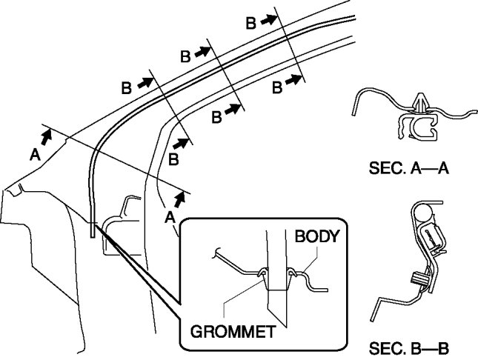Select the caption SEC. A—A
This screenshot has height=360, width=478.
tap(410, 169)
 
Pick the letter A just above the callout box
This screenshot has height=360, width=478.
tap(170, 217)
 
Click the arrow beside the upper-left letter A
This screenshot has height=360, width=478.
tap(47, 136)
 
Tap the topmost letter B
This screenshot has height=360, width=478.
tap(251, 24)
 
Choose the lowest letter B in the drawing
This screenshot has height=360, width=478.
tap(173, 159)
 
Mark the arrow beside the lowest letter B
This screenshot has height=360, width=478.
tap(180, 140)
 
